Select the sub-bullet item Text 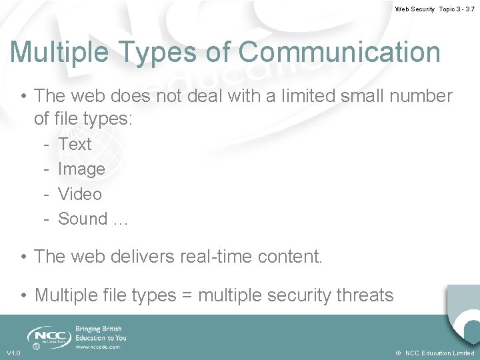click(x=75, y=144)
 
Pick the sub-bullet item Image click(x=81, y=169)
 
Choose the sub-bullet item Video click(x=80, y=194)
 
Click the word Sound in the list click(x=83, y=219)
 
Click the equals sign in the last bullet click(x=187, y=295)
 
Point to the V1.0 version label click(x=13, y=353)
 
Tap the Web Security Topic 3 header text click(x=434, y=9)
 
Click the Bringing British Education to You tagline click(x=101, y=333)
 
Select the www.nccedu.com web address click(x=98, y=347)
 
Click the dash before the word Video click(x=47, y=194)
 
